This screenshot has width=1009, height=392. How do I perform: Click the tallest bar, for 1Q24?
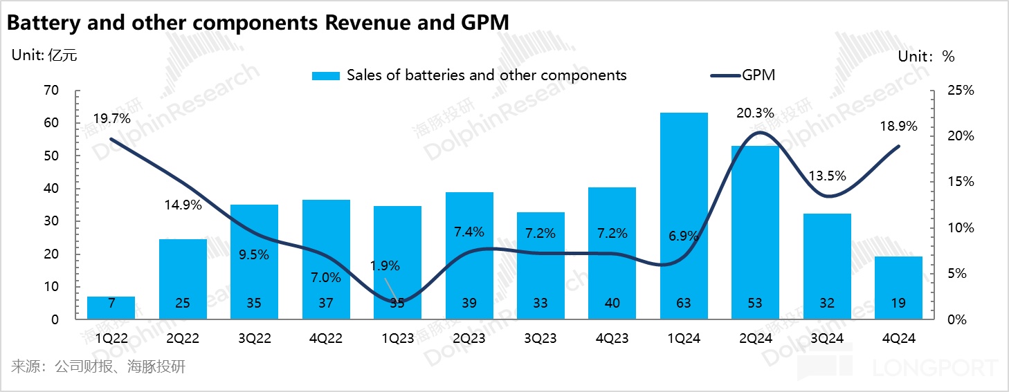click(x=684, y=214)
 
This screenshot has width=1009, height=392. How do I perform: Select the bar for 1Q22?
click(x=111, y=308)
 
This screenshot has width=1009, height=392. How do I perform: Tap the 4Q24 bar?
click(x=898, y=287)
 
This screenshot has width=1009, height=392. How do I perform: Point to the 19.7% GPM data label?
click(x=111, y=119)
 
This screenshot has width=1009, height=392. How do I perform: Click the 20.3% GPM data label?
click(x=756, y=113)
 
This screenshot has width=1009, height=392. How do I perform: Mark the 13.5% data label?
click(x=826, y=176)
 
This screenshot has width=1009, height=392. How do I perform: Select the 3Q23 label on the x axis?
click(x=540, y=338)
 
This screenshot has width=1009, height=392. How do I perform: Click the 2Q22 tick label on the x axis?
click(x=183, y=338)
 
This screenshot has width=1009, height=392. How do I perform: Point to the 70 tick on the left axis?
click(x=52, y=91)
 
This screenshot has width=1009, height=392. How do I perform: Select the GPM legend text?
click(x=758, y=75)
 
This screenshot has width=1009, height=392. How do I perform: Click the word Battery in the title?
click(x=42, y=23)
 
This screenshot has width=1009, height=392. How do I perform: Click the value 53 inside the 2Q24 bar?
click(x=755, y=302)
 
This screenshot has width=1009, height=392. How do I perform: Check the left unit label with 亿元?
click(x=44, y=56)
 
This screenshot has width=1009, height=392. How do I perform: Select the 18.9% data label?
click(x=898, y=126)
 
